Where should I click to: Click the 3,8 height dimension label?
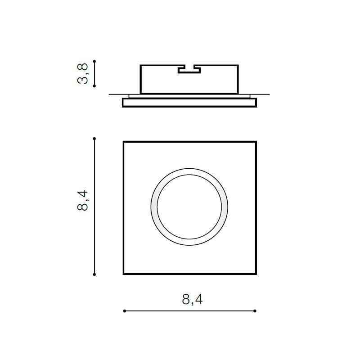coord(83,73)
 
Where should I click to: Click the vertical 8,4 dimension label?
coord(83,201)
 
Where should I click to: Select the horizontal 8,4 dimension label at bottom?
coord(193,299)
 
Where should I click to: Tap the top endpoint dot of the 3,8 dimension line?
coord(94,61)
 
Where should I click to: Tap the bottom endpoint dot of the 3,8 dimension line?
coord(94,85)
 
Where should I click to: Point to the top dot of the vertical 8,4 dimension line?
coord(94,139)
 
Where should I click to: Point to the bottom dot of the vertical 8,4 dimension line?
coord(94,274)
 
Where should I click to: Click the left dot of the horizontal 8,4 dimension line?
coord(124,311)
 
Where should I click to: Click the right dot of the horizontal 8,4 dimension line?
coord(255,311)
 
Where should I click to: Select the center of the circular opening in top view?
coord(189,207)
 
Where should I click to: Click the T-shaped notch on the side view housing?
coord(189,70)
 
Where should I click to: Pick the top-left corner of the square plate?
coord(123,142)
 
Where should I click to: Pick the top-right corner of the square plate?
coord(256,142)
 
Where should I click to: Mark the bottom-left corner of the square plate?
coord(123,274)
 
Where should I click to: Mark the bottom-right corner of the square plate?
coord(256,274)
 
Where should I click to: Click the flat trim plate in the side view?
coord(189,103)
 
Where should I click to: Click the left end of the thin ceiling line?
coord(109,94)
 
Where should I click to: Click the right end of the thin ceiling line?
coord(269,94)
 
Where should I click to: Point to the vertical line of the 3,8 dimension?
coord(94,73)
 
